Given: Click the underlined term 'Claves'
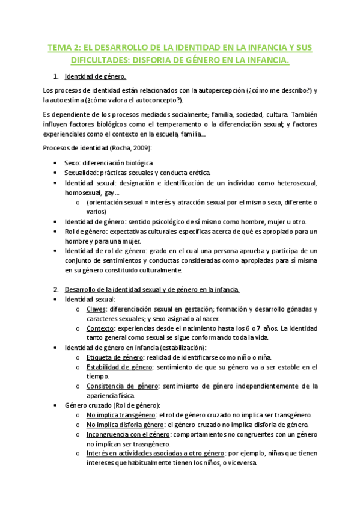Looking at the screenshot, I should coord(97,309).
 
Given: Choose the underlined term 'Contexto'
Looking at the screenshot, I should coord(100,328).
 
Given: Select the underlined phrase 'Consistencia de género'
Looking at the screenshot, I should coord(121,386).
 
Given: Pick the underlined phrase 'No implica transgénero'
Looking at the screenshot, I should coord(120,415).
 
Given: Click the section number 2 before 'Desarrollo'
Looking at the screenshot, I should coord(56,289).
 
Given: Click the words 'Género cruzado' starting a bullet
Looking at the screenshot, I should coord(90,405).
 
